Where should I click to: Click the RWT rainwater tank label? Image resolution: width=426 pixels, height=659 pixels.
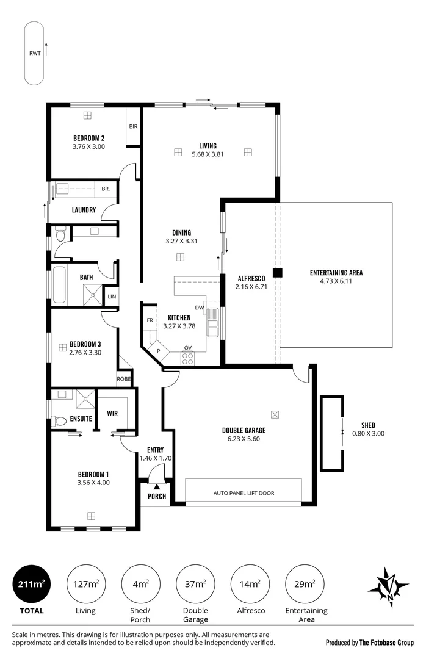click(35, 53)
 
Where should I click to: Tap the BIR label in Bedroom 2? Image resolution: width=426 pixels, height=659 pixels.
click(133, 126)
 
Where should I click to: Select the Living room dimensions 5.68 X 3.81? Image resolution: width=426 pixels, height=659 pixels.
click(208, 154)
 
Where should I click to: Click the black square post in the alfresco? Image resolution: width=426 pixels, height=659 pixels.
click(278, 273)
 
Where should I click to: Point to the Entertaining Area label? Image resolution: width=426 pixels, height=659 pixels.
click(336, 273)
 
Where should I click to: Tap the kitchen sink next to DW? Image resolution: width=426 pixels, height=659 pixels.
click(213, 322)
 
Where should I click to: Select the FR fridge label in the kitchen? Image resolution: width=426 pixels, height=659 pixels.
click(150, 320)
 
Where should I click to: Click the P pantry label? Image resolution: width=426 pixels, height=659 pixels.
click(159, 351)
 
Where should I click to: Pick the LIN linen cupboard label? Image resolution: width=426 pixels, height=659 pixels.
click(112, 297)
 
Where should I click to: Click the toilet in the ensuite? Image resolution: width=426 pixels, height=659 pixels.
click(59, 420)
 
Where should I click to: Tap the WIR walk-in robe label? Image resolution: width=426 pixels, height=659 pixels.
click(112, 414)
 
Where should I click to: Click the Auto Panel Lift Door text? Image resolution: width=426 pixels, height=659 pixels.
click(244, 494)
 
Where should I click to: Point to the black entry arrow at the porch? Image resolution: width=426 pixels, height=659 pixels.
click(157, 487)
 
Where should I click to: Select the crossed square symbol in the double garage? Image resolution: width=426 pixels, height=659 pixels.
click(275, 414)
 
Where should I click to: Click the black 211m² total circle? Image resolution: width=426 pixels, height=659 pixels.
click(32, 584)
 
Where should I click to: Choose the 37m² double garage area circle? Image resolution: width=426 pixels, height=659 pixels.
click(195, 584)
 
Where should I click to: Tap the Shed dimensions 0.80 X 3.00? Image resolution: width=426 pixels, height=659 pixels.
click(369, 434)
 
